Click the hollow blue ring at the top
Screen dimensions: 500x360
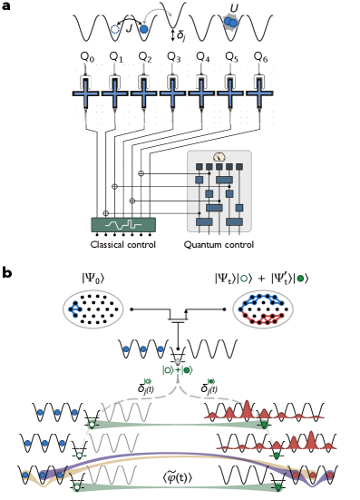115,29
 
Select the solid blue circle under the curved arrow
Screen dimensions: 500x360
143,29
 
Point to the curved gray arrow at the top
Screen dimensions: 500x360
157,14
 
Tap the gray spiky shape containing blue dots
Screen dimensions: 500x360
230,22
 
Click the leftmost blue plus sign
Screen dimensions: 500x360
85,93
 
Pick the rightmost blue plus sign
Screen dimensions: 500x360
259,93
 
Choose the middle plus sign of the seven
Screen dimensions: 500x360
172,93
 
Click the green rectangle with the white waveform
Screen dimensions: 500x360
123,224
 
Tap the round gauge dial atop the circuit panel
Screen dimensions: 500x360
219,157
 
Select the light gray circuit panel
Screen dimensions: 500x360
219,192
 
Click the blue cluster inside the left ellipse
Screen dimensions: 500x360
75,309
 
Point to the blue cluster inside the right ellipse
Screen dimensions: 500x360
260,300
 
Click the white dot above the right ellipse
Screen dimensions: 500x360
244,279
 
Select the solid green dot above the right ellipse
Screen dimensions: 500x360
300,279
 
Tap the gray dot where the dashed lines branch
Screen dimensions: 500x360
178,361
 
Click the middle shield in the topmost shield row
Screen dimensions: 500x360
143,348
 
